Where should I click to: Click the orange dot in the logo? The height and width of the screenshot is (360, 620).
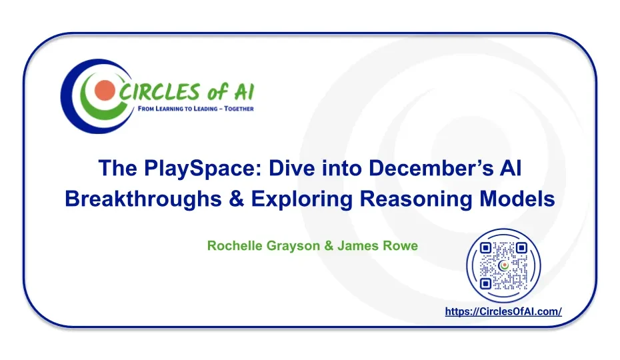tap(105, 91)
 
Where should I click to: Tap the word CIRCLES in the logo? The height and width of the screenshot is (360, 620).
tap(158, 92)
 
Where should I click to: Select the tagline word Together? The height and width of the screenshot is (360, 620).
tap(239, 109)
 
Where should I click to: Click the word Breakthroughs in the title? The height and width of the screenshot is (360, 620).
tap(143, 199)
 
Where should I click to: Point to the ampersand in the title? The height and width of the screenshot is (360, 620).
tap(237, 199)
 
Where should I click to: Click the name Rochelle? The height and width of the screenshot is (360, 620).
tap(235, 246)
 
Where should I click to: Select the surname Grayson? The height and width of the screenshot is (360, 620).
tap(293, 247)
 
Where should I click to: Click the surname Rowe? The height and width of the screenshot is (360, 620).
tap(399, 246)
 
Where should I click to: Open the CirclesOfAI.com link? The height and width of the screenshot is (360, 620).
tap(503, 312)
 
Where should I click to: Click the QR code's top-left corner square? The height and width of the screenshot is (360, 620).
tap(485, 248)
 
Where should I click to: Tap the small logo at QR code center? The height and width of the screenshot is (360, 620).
tap(503, 266)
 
